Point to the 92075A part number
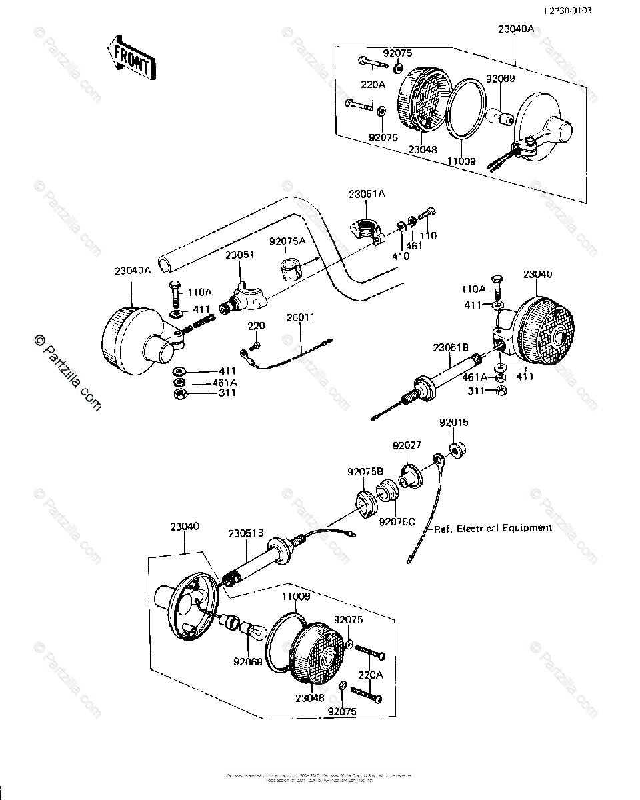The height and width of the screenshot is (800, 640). (287, 241)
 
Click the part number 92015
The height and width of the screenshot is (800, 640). (453, 423)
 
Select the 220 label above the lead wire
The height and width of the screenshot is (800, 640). (257, 326)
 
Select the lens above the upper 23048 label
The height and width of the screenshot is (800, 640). (423, 103)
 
